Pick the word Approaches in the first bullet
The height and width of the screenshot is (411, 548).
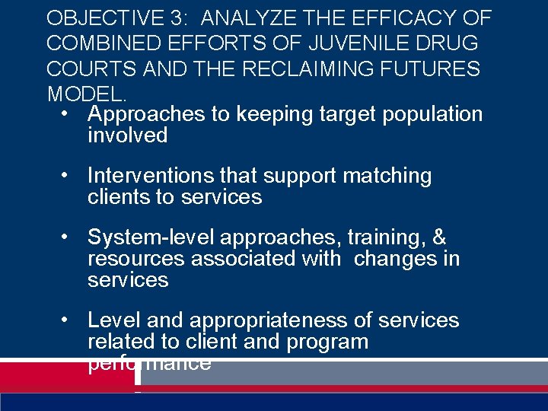pyautogui.click(x=147, y=114)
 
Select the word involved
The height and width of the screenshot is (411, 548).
pyautogui.click(x=127, y=135)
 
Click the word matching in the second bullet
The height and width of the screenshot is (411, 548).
pyautogui.click(x=387, y=176)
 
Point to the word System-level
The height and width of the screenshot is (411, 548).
pyautogui.click(x=145, y=237)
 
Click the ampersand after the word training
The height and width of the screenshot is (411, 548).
pyautogui.click(x=439, y=237)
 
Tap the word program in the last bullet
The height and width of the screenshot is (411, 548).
pyautogui.click(x=327, y=342)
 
